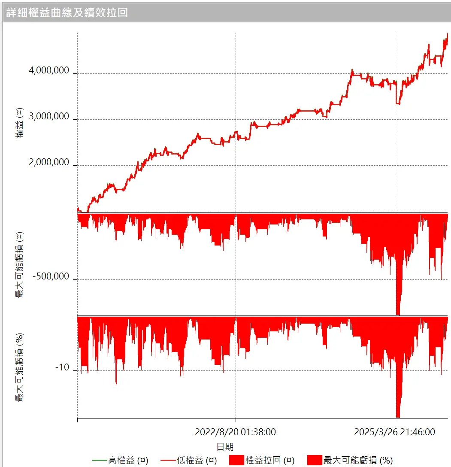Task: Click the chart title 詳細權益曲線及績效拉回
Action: [x=67, y=12]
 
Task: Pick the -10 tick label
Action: [x=62, y=368]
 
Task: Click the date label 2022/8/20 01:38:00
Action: [x=235, y=432]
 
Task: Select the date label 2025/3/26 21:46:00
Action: [x=394, y=432]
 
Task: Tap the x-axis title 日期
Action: [x=225, y=447]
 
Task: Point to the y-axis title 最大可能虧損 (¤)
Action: [x=19, y=264]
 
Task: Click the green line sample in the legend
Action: [x=99, y=461]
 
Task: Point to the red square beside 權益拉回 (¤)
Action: [x=236, y=461]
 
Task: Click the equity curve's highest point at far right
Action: [x=447, y=33]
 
